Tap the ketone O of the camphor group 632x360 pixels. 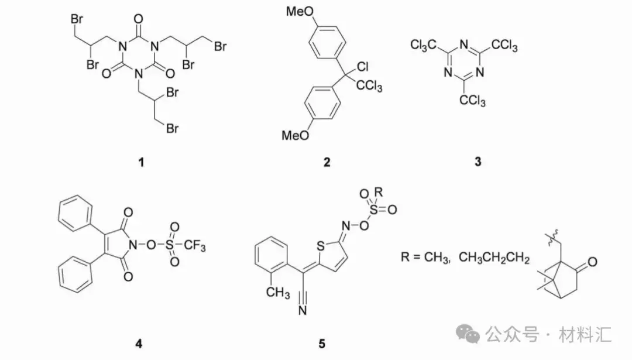point(592,262)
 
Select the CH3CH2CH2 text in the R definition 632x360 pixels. point(494,258)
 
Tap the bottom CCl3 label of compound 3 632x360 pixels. point(472,101)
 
